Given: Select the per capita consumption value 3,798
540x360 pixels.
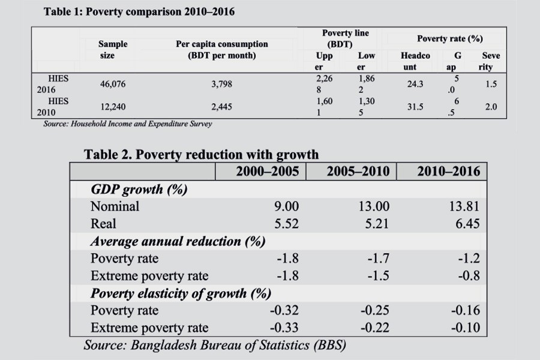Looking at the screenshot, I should coord(221,85).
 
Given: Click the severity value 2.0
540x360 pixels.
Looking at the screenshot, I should coord(491,107).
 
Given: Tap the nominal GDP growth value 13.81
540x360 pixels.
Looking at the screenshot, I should coord(464,206).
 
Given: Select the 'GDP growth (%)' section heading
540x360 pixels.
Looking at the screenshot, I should coord(139,190).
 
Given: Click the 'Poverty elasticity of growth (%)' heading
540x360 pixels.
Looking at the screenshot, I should coord(181,293).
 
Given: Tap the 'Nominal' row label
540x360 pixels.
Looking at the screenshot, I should coord(115,206).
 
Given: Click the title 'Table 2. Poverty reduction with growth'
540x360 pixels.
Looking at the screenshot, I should coord(201,154).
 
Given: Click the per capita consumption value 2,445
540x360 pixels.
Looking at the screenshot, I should coord(221,107).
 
